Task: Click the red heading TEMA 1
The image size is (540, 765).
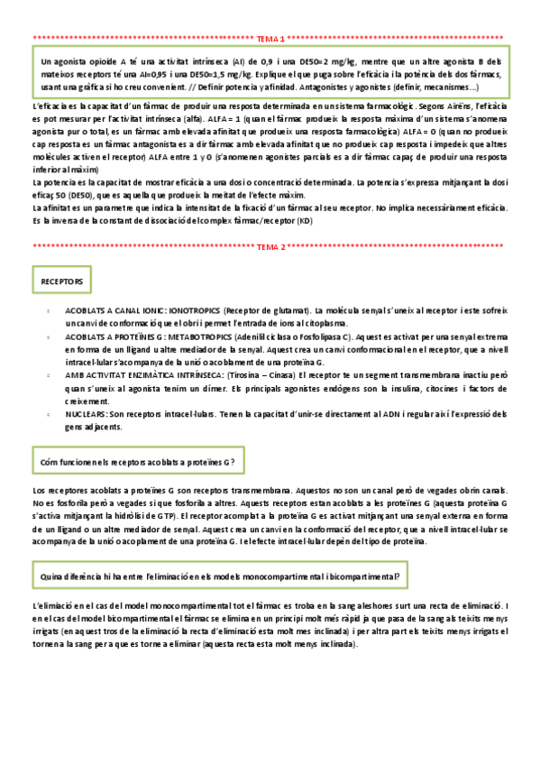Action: tap(270, 39)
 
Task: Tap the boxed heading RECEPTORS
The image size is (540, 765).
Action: tap(61, 282)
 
